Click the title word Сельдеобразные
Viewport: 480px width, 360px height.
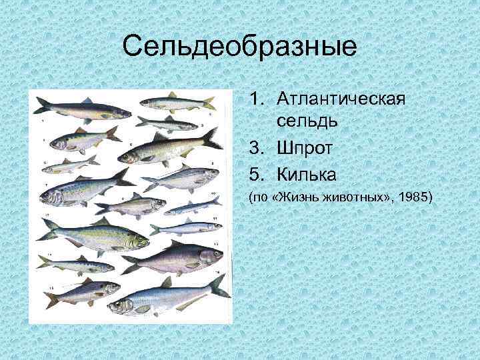(x=240, y=47)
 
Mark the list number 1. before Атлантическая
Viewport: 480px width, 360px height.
(x=258, y=99)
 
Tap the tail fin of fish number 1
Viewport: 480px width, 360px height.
(x=41, y=105)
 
